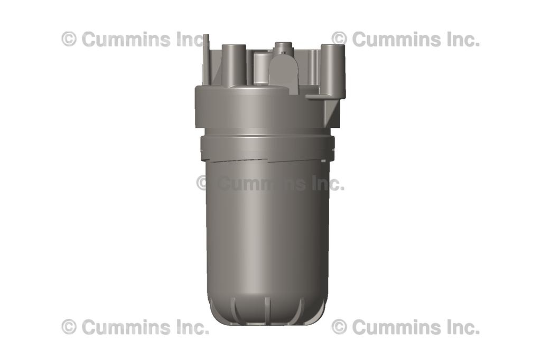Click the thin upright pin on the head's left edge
click(206, 58)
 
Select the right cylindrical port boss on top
click(333, 69)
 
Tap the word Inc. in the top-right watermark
click(460, 39)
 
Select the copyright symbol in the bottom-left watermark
click(69, 327)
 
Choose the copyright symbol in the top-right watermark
click(339, 39)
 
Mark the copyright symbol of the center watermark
click(203, 183)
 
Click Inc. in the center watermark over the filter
click(324, 183)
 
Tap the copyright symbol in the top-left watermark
click(69, 39)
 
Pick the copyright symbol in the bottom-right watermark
click(339, 327)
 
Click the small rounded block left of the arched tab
click(260, 68)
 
